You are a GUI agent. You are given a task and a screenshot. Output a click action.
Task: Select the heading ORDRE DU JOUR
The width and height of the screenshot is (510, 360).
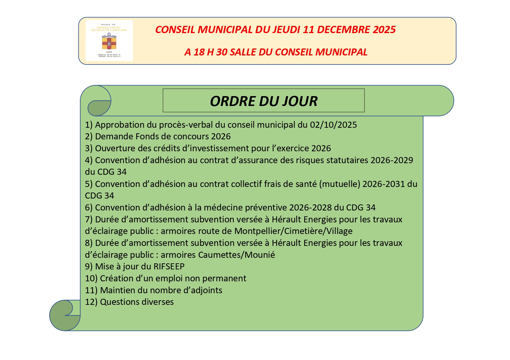click(264, 101)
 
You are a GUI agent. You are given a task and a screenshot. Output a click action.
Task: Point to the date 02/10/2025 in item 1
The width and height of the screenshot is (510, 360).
click(333, 125)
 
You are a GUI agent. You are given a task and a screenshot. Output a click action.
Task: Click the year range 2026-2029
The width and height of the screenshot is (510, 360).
click(392, 160)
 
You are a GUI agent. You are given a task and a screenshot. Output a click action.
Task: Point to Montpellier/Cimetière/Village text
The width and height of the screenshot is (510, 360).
click(293, 231)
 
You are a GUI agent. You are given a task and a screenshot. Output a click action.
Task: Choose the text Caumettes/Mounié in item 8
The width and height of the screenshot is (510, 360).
click(236, 255)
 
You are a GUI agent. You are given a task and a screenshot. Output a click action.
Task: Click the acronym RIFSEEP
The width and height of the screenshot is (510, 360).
click(169, 267)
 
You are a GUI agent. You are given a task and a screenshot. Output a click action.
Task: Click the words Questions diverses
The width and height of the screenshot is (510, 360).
click(137, 302)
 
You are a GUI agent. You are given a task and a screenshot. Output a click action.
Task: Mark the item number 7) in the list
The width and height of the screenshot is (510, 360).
click(89, 219)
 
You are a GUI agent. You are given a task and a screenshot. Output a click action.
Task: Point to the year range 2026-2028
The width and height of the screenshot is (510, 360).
click(310, 208)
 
